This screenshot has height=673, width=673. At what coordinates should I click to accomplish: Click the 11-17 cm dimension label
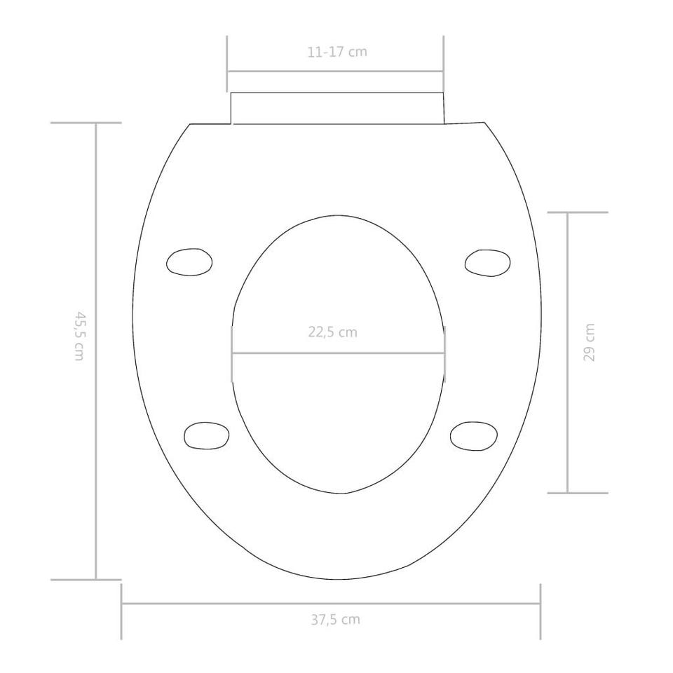point(337,52)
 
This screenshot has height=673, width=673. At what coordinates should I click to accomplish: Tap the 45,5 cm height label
point(79,336)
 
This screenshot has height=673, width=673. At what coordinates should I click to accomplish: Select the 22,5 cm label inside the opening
point(332,332)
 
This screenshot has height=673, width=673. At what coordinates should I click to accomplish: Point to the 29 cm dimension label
point(590,343)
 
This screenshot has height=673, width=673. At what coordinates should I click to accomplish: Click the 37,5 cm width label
point(335,619)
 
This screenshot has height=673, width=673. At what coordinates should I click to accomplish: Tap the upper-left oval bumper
point(189,261)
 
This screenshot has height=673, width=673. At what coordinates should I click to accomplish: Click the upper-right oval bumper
point(488,263)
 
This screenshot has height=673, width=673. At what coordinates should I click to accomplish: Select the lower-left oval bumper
point(206,435)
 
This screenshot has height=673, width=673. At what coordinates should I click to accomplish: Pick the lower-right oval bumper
point(474,435)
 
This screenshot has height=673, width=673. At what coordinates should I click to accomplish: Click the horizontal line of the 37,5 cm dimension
point(331,604)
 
